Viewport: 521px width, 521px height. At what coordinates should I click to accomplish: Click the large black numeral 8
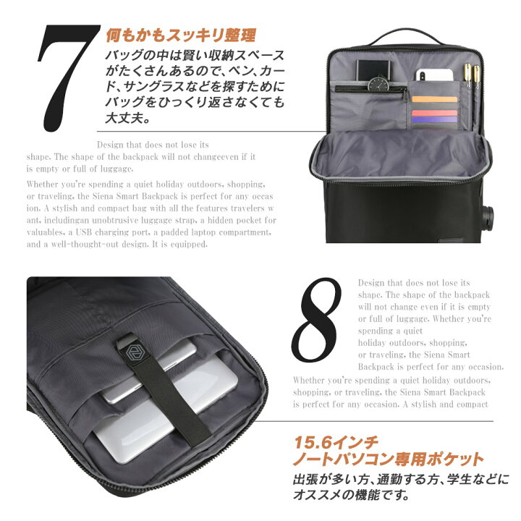click(x=316, y=321)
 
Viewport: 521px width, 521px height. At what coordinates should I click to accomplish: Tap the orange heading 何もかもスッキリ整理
click(x=181, y=35)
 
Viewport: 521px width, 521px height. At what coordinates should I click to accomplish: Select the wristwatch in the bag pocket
click(x=378, y=83)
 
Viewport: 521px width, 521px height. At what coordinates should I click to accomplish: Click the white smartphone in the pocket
click(x=435, y=75)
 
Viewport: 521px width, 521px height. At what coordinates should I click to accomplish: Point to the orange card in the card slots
click(x=434, y=99)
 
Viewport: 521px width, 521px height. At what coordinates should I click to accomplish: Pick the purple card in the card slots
click(x=434, y=119)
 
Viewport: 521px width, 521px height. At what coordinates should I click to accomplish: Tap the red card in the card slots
click(x=434, y=113)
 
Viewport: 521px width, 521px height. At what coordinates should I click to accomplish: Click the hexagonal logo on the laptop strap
click(x=133, y=353)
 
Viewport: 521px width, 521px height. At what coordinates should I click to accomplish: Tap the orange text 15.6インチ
click(x=336, y=442)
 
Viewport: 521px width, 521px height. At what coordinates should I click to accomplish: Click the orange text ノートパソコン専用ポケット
click(x=388, y=459)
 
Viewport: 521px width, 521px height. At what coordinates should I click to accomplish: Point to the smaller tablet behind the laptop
click(x=149, y=372)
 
